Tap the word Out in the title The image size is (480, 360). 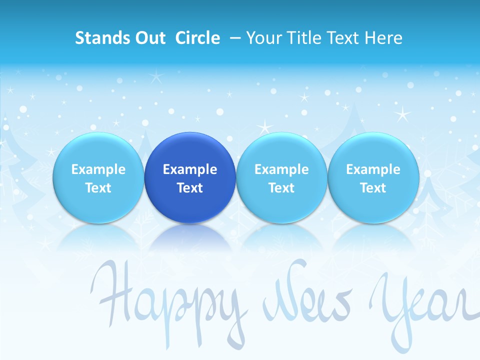[152, 38]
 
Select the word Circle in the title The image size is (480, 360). [197, 38]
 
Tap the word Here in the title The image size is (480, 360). [383, 38]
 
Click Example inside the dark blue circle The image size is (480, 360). [190, 169]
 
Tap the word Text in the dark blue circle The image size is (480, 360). [190, 188]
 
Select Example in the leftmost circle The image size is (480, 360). [98, 169]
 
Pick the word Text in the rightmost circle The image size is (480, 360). [373, 188]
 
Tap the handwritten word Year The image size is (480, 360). [422, 302]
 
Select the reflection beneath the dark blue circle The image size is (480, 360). [190, 237]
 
